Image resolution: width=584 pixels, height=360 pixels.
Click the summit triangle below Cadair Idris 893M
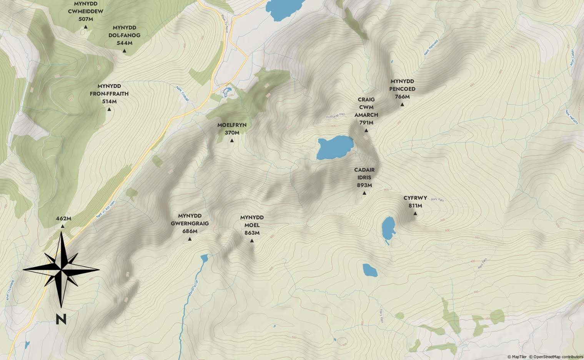(x=364, y=193)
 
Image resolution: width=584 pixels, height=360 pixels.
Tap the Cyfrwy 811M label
(x=415, y=202)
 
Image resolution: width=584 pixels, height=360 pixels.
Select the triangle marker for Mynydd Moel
(x=252, y=241)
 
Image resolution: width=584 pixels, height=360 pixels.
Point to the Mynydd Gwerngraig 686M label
(x=190, y=223)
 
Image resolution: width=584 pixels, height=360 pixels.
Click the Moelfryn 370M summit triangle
(x=232, y=141)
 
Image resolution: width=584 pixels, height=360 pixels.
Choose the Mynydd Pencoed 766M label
(x=402, y=89)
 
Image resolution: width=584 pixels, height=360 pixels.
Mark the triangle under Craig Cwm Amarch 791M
(x=366, y=131)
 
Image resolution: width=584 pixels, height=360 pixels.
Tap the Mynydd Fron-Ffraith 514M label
(x=109, y=94)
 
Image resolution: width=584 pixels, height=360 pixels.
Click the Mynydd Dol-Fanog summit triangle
(x=124, y=51)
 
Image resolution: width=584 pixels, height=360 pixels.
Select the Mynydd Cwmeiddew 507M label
(x=86, y=11)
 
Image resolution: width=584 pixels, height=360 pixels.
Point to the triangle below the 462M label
(x=63, y=226)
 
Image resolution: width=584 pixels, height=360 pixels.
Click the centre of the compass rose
(x=61, y=270)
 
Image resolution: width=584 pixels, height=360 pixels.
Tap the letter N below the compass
(x=61, y=319)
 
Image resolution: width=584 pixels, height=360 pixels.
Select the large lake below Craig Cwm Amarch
(x=335, y=147)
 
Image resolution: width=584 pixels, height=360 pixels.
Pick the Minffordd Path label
(x=336, y=116)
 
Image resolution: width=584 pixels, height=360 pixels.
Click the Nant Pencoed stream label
(x=431, y=48)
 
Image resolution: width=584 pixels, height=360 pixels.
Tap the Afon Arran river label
(x=194, y=287)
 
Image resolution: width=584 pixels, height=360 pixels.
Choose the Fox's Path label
(x=381, y=316)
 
